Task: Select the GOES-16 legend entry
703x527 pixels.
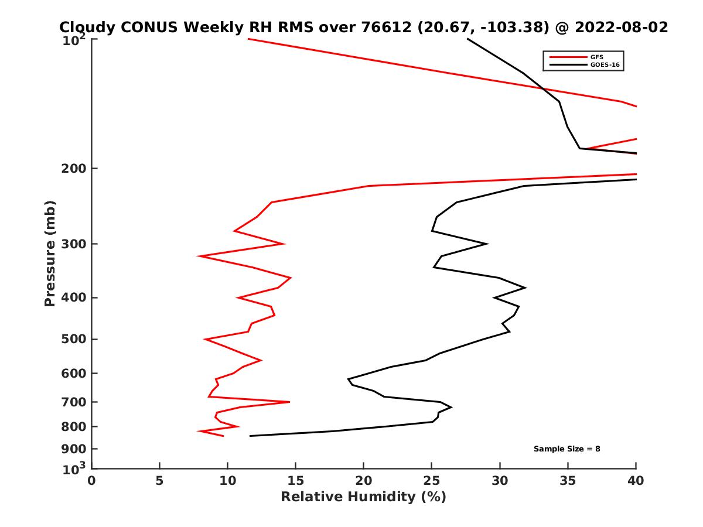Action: [604, 65]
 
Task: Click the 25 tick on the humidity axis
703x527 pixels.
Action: [432, 481]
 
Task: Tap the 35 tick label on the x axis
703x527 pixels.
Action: [568, 481]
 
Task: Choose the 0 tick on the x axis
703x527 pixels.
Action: [92, 481]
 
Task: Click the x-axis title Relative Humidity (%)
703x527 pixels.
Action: [363, 497]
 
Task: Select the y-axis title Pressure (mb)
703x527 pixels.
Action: [50, 254]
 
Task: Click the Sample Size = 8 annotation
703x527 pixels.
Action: [567, 449]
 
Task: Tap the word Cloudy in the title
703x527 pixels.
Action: [87, 28]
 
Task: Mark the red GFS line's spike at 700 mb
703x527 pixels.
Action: [289, 402]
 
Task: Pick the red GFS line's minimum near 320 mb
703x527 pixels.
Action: [198, 256]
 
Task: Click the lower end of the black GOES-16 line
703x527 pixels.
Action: [250, 436]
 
